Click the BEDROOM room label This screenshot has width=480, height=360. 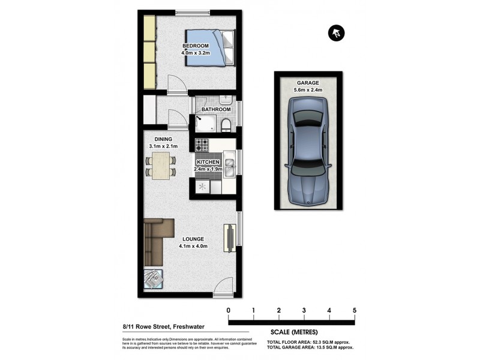tap(196, 46)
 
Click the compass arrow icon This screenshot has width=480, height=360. tap(336, 33)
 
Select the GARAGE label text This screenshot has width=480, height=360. tap(308, 83)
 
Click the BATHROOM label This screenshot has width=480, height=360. tap(215, 110)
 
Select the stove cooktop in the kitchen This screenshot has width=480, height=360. tap(201, 145)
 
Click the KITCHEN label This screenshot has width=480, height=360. tap(208, 162)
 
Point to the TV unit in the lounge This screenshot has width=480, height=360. tap(229, 238)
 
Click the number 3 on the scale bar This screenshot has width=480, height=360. tap(304, 310)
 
